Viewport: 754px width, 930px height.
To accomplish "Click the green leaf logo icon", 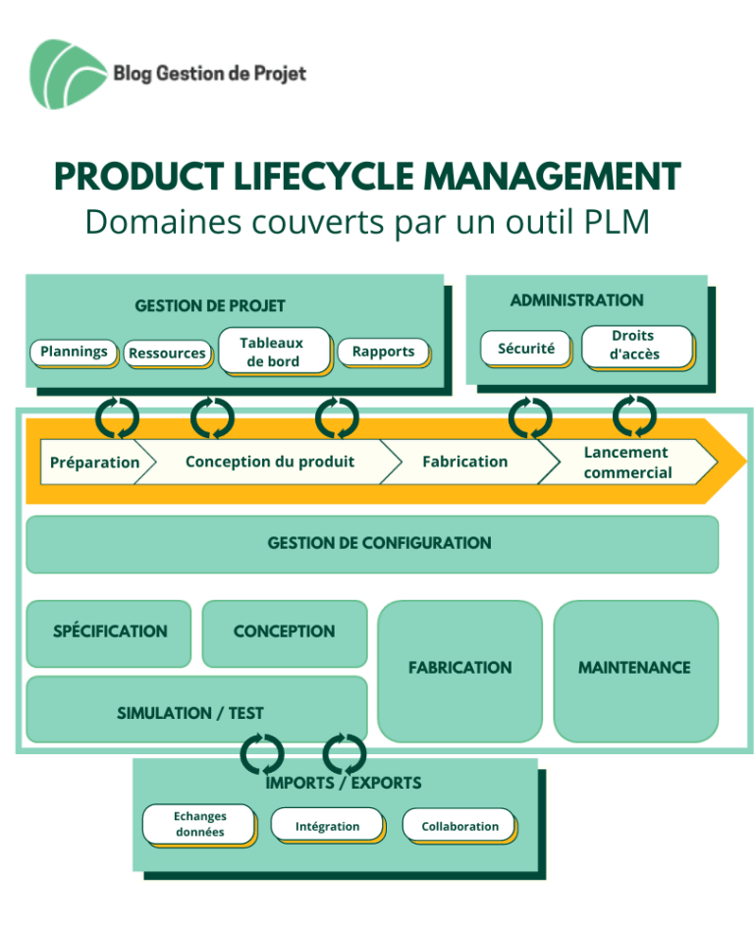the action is click(67, 74).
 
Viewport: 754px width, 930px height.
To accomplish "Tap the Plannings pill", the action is click(74, 352).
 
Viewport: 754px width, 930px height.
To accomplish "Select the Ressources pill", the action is click(168, 354).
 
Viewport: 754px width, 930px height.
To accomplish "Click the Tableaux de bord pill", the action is click(274, 352).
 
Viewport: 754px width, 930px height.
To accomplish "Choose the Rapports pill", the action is click(384, 352).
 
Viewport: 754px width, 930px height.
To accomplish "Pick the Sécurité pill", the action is click(526, 349).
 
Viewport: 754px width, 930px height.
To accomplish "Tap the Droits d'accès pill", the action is click(637, 347).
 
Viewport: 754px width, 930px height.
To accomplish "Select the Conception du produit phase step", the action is click(270, 462).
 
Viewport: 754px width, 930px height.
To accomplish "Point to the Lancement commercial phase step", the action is click(628, 462).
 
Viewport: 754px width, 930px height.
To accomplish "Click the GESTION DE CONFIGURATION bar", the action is click(372, 544).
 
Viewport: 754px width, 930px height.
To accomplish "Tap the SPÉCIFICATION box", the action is click(109, 633).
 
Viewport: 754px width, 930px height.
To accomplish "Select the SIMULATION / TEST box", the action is click(196, 709).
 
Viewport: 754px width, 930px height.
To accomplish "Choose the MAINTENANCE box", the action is click(635, 671).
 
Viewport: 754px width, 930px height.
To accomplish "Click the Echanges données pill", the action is click(199, 824).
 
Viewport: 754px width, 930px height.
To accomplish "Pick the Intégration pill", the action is click(328, 826).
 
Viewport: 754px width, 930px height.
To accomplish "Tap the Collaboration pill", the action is click(460, 826).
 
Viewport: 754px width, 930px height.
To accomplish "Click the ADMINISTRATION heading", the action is click(576, 301).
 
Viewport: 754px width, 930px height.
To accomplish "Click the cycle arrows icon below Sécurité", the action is click(530, 417).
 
